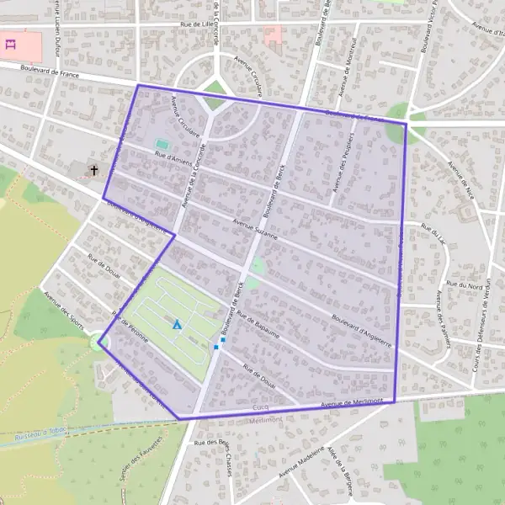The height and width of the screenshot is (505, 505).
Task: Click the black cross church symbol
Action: (x=94, y=170)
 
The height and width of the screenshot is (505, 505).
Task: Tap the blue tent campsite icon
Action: (x=177, y=324)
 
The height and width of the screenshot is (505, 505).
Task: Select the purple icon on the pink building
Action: (x=11, y=45)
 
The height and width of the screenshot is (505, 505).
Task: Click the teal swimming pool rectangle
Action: (x=161, y=144)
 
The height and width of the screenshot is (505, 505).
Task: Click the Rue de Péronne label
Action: (x=128, y=331)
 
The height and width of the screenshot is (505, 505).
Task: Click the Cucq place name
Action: (x=260, y=407)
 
